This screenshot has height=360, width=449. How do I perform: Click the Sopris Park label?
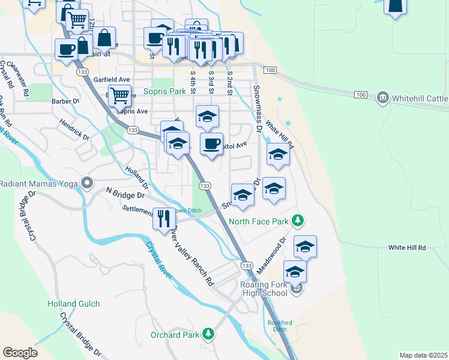click(x=164, y=92)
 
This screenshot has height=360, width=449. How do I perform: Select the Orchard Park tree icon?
click(x=208, y=333)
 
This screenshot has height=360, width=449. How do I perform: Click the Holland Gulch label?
click(x=73, y=304)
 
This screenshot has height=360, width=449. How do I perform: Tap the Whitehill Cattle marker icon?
click(x=382, y=98)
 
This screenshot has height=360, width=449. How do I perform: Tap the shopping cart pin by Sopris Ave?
click(x=121, y=95)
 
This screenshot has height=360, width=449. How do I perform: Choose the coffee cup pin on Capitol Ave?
click(x=211, y=144)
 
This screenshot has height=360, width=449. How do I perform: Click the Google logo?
click(x=20, y=353)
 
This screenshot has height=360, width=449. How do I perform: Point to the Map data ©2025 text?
click(x=423, y=355)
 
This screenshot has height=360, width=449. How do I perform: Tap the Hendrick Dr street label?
click(x=74, y=129)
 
